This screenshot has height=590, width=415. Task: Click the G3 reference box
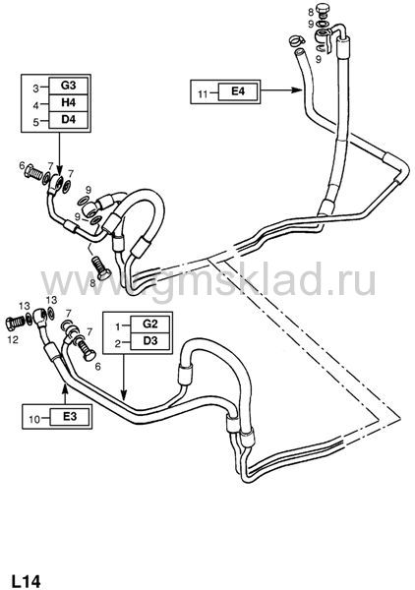pyautogui.click(x=69, y=87)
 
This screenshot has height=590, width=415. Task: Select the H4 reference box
pyautogui.click(x=69, y=102)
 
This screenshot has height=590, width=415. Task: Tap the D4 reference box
pyautogui.click(x=69, y=120)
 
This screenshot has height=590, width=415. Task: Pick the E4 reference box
pyautogui.click(x=238, y=91)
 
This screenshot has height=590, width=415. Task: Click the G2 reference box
pyautogui.click(x=150, y=324)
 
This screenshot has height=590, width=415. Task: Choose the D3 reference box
pyautogui.click(x=150, y=341)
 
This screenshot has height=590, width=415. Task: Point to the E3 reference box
pyautogui.click(x=70, y=417)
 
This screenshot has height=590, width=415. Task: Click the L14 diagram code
pyautogui.click(x=26, y=580)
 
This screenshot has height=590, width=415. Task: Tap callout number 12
pyautogui.click(x=13, y=340)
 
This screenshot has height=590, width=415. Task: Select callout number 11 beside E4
pyautogui.click(x=203, y=93)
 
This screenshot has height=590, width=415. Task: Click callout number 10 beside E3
pyautogui.click(x=34, y=419)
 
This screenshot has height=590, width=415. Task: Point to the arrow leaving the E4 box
pyautogui.click(x=281, y=90)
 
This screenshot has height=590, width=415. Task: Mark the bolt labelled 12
pyautogui.click(x=15, y=323)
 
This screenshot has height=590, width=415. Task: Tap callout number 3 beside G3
pyautogui.click(x=35, y=88)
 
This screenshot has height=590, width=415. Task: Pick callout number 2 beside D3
pyautogui.click(x=118, y=344)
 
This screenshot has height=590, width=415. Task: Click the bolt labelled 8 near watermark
pyautogui.click(x=101, y=267)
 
